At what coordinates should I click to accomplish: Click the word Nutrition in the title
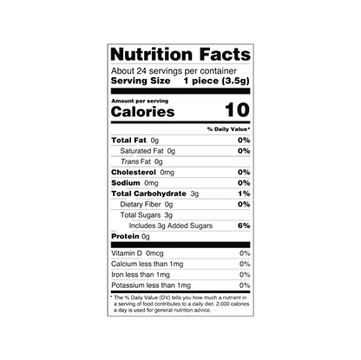point(151,55)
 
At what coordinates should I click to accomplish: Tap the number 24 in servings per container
point(141,71)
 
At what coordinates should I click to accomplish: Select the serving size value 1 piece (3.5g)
point(216,81)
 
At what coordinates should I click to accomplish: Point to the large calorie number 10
point(237,110)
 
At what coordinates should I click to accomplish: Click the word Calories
point(142,112)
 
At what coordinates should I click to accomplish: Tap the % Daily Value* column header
point(228,129)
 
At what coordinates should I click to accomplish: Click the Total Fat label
point(128,141)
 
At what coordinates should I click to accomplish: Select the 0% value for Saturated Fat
point(244,151)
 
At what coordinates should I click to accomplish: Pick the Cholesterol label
point(134,173)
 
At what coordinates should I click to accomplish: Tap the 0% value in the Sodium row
point(244,183)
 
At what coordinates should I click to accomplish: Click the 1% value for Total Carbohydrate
point(244,193)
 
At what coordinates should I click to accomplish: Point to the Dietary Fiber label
point(141,205)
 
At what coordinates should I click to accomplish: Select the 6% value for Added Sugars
point(244,226)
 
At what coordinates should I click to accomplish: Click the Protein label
point(125,237)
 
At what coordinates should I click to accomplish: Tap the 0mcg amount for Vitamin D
point(154,253)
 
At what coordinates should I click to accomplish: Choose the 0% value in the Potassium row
point(245,285)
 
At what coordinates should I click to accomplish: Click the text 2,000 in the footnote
point(224,304)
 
